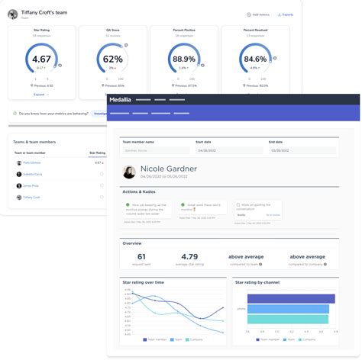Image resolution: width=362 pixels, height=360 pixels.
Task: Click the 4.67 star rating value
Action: click(42, 58)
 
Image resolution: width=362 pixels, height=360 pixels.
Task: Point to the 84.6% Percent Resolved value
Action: click(255, 58)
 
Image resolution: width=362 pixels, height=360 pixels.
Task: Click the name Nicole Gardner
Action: click(169, 169)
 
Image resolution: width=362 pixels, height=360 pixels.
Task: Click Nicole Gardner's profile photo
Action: click(130, 172)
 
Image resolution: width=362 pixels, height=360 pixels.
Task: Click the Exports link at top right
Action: click(286, 14)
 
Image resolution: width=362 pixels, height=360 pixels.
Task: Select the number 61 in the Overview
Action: click(141, 257)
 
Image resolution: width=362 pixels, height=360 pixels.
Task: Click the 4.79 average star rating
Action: click(189, 257)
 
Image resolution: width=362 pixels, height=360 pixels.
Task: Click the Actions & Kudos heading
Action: click(140, 191)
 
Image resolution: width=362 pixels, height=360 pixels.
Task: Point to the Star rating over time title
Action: click(143, 282)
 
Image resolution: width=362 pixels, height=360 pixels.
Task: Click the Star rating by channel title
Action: click(258, 282)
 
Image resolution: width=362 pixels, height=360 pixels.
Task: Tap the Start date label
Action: click(204, 141)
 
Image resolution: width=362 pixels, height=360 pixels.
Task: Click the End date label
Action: click(275, 141)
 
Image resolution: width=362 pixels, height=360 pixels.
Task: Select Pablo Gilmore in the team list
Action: click(31, 162)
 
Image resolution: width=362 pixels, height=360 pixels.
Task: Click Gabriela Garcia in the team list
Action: click(33, 174)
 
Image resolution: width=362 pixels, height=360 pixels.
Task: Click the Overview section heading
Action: click(131, 243)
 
